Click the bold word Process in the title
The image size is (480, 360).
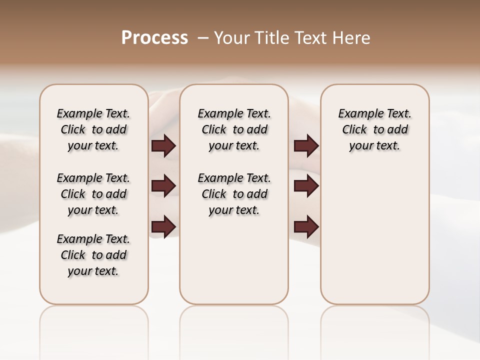(154, 38)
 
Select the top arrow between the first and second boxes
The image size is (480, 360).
(163, 146)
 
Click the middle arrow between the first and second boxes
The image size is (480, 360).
(163, 186)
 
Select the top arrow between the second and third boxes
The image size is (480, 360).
(306, 146)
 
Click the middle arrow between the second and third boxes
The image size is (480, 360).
(306, 186)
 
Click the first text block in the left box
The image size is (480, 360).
(93, 129)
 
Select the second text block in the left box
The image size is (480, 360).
(93, 194)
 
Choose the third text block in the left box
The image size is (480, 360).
(93, 255)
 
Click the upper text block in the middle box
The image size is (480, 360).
(234, 129)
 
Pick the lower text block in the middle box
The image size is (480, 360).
(234, 194)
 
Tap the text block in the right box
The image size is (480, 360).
(374, 129)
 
